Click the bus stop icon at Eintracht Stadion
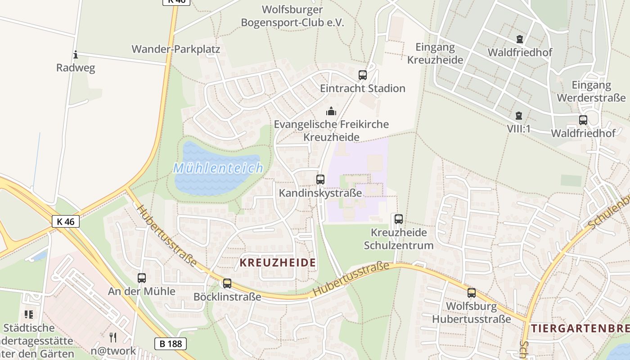363,75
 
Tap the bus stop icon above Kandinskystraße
320,180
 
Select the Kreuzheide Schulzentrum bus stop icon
399,219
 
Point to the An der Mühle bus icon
142,278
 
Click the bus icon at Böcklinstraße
227,283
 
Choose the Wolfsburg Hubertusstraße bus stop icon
472,293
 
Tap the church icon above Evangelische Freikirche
331,111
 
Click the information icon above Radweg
76,55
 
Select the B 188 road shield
171,344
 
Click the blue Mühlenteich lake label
218,169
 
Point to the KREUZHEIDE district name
278,263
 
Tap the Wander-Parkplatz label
176,49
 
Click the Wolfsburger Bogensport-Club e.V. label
292,16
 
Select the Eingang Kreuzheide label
435,53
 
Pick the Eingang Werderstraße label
591,91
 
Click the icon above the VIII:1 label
519,116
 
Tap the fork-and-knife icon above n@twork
113,337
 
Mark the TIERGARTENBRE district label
580,328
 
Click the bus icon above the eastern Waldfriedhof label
583,120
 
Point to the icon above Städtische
29,315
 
